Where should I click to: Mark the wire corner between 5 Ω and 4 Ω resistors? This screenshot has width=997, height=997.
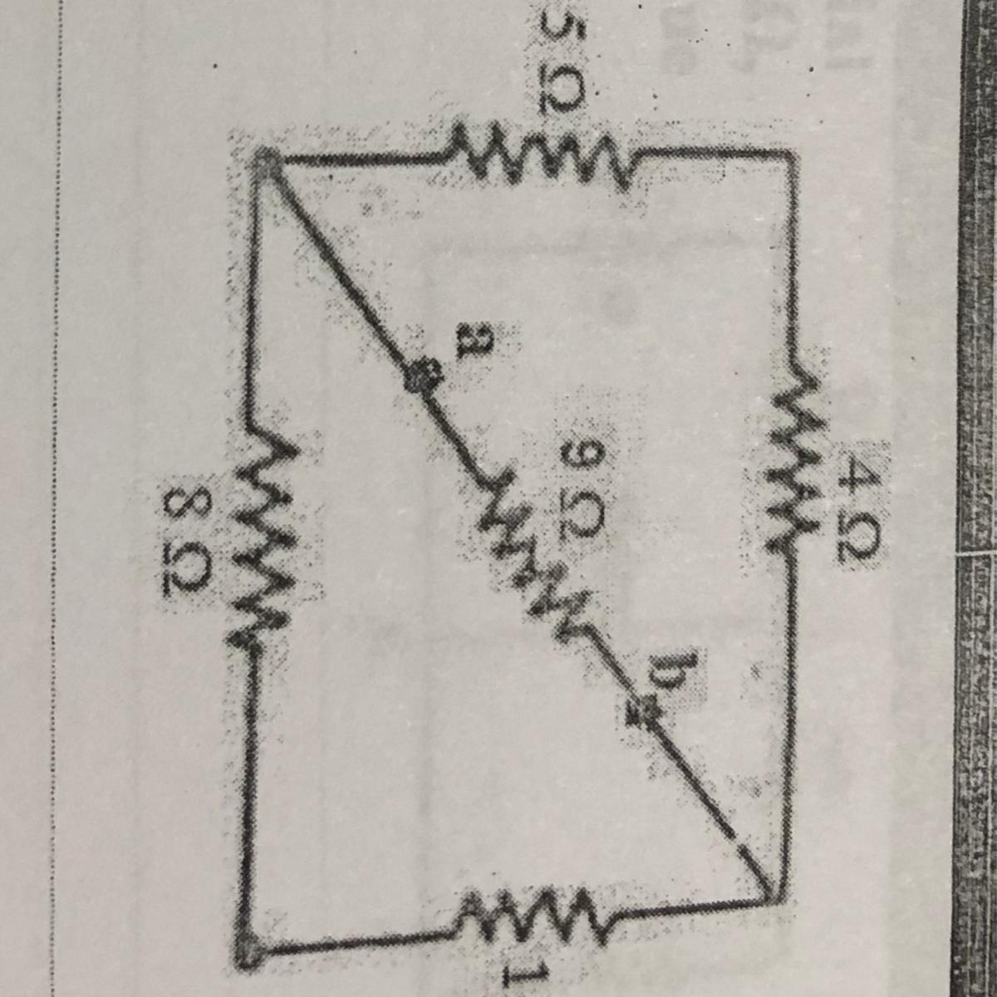[x=789, y=154]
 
